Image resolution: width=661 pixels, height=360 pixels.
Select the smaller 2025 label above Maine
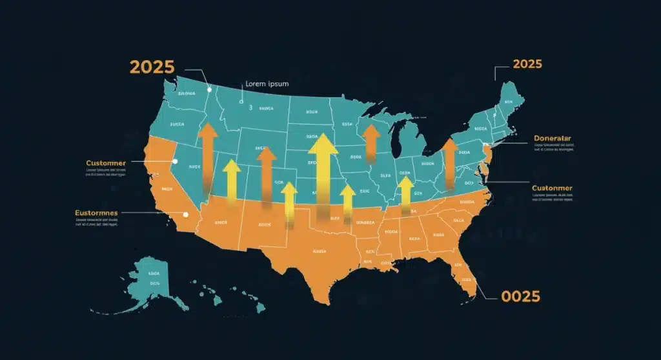pos(527,65)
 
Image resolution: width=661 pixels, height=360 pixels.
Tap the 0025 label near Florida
pos(520,297)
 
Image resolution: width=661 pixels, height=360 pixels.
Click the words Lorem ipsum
pos(267,84)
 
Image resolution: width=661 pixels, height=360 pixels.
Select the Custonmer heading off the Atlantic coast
pos(552,188)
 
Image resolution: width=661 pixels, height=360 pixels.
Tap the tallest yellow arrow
pos(323,171)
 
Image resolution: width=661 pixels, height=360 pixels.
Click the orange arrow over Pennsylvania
pos(450,161)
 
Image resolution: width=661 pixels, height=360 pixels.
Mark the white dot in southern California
pos(186,215)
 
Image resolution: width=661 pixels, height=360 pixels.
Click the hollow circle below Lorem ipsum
pos(241,101)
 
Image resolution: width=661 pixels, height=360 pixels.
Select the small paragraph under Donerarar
pos(553,148)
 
